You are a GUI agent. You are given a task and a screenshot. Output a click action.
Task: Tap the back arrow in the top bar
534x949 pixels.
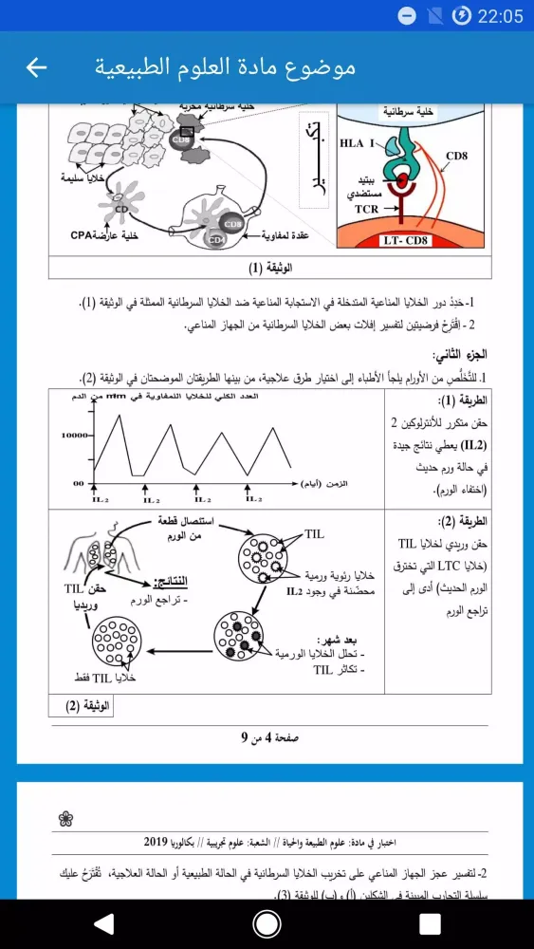(x=36, y=67)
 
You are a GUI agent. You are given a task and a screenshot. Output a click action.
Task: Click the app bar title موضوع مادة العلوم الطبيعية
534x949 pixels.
(x=226, y=67)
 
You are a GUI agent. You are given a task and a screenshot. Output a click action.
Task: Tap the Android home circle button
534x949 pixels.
(x=267, y=923)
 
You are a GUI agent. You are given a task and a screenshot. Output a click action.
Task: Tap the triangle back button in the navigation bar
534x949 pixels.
(x=104, y=923)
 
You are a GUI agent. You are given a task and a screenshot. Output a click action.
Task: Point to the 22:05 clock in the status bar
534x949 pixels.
(x=501, y=15)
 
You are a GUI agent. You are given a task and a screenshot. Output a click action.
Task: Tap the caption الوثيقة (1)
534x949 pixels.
(x=269, y=266)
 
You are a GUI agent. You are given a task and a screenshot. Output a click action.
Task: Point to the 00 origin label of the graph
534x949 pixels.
(x=80, y=483)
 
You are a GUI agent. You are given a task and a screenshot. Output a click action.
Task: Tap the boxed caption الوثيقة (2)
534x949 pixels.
(x=87, y=705)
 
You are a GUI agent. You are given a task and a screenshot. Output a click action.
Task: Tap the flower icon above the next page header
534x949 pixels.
(x=64, y=816)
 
